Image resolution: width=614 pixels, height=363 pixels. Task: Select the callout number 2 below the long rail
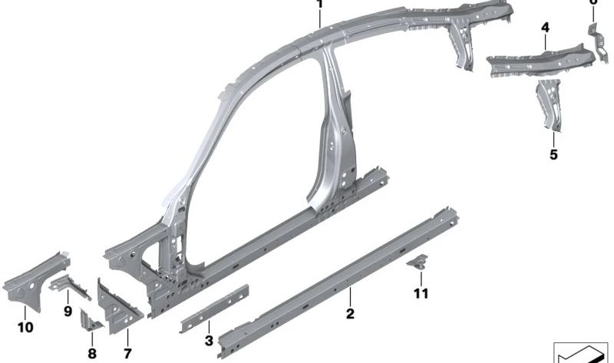pos(350,313)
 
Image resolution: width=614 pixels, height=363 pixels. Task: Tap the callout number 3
pos(208,341)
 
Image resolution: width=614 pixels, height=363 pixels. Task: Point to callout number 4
pos(545,28)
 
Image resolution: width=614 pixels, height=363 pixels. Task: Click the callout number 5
pos(554,154)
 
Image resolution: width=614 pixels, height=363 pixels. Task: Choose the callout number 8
pos(92,354)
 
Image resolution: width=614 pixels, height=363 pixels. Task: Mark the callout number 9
pos(68,312)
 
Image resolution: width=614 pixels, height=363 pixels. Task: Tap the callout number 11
pos(419,293)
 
